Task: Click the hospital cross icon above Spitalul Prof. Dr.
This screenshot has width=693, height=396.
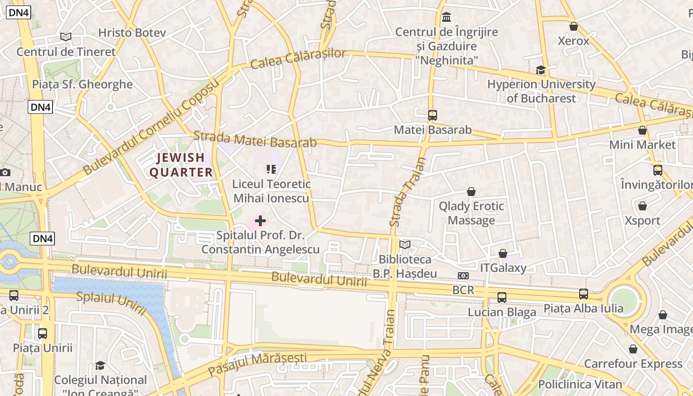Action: tap(260, 221)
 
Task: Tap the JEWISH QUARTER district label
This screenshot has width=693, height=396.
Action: tap(181, 165)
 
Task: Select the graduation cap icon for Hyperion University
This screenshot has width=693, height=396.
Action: tap(541, 70)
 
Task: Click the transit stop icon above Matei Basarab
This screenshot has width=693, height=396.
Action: tap(433, 115)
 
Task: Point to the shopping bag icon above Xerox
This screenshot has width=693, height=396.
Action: tap(574, 26)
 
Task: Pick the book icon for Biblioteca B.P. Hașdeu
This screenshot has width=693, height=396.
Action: tap(405, 245)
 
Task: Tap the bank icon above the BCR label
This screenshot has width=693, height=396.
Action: tap(463, 276)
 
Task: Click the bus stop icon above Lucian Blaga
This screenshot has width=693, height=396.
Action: tap(502, 297)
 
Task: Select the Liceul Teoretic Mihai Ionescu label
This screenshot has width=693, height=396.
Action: tap(271, 191)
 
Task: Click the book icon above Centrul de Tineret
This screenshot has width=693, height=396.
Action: tap(66, 37)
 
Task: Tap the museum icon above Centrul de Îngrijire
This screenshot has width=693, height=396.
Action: tap(446, 17)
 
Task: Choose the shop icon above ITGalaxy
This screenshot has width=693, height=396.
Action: tap(503, 253)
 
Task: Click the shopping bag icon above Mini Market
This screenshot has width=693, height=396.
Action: tap(643, 130)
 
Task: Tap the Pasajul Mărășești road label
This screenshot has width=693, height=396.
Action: tap(257, 364)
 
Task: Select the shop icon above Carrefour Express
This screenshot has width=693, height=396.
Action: tap(633, 349)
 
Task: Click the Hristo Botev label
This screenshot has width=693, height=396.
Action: tap(132, 33)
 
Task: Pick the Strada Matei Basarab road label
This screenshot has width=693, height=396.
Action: tap(255, 139)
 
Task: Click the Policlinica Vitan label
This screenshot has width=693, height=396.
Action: tap(580, 384)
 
